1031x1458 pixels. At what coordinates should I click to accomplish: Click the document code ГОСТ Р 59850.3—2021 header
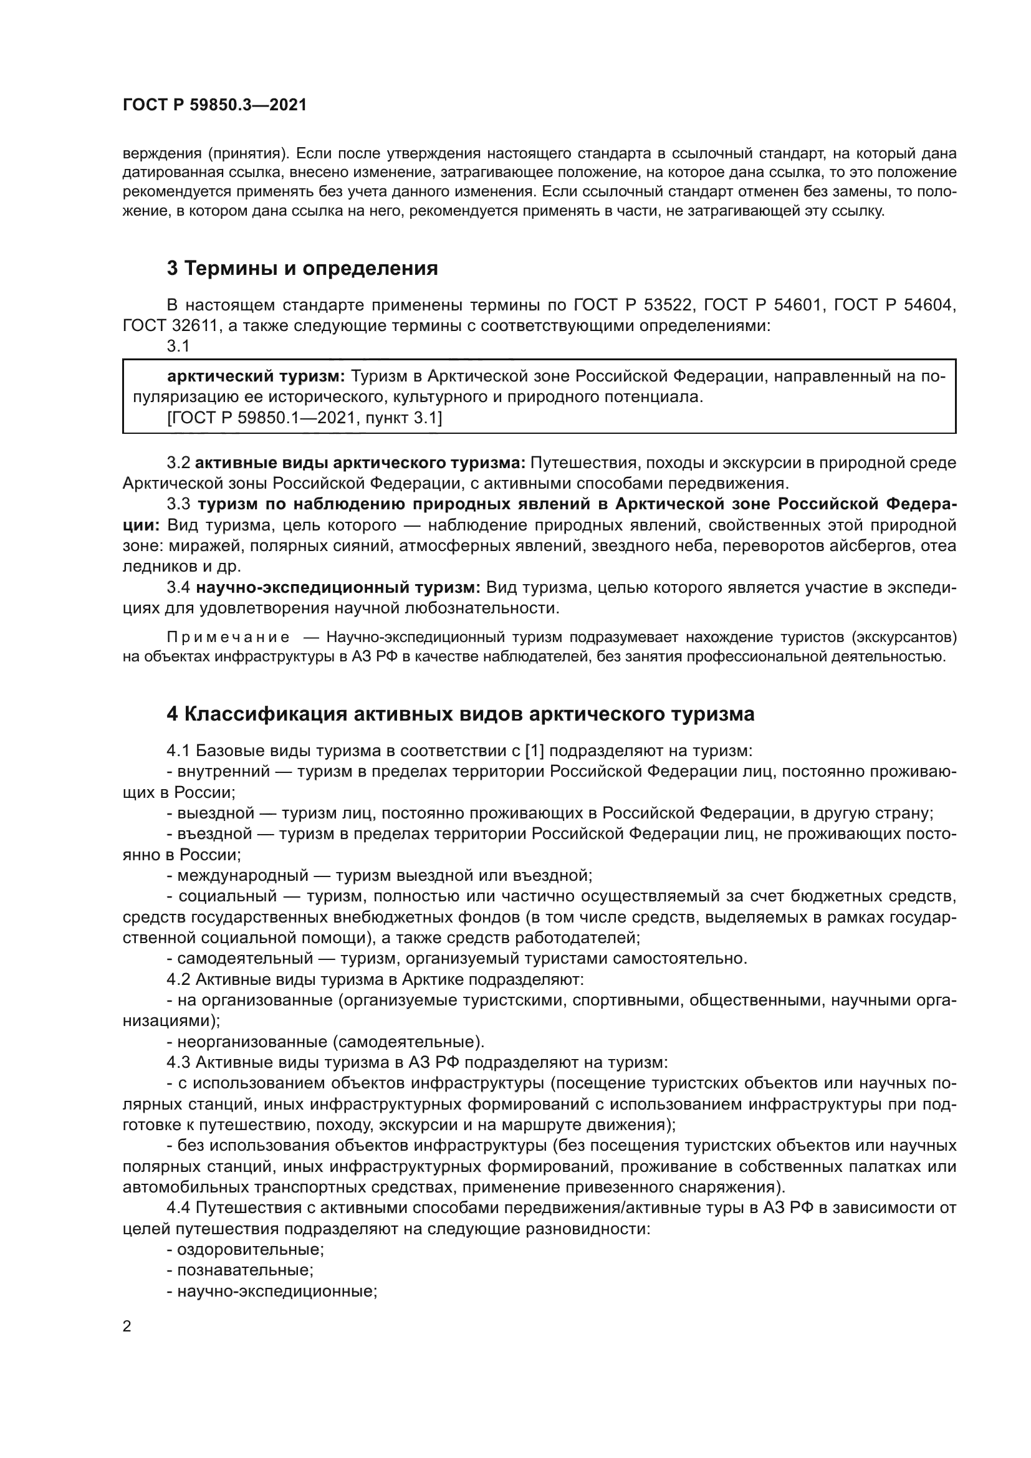[214, 105]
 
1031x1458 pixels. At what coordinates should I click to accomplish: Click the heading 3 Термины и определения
[302, 269]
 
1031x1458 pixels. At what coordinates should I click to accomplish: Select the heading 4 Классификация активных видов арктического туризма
[460, 714]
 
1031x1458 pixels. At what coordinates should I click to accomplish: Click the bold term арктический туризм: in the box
[256, 376]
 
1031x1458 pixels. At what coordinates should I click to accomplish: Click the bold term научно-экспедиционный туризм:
[338, 587]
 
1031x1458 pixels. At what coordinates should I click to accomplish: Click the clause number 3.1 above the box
[178, 346]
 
